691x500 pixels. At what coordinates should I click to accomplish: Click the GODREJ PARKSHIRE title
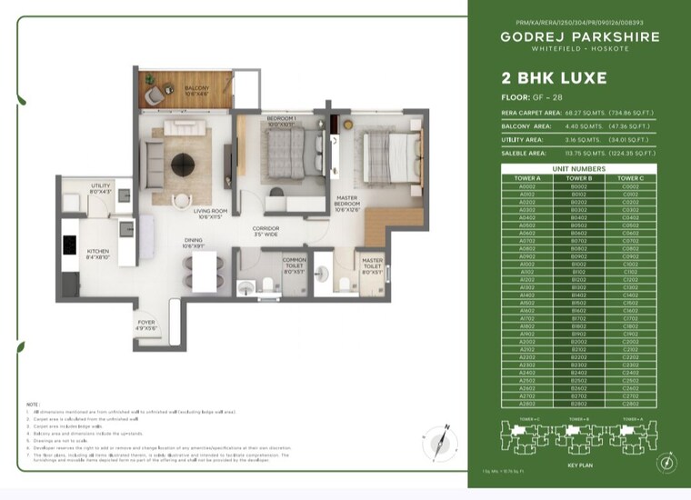pos(577,37)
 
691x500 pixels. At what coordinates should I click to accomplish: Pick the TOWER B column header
pos(577,178)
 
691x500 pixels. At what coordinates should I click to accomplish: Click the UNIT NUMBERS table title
pos(577,169)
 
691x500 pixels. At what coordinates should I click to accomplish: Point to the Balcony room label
pos(172,91)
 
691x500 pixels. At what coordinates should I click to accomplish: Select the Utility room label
pos(100,188)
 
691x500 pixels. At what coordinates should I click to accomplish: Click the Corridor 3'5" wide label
pos(265,231)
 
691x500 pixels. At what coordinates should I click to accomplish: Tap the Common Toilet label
pos(294,264)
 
